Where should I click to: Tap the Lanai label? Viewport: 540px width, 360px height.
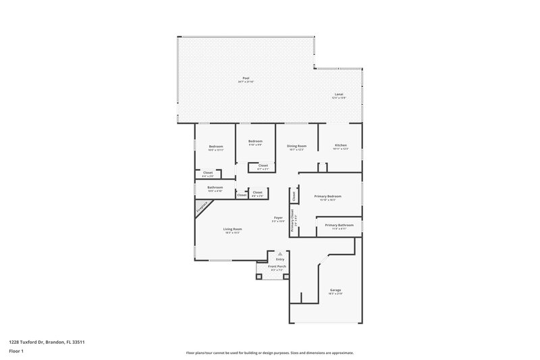point(339,95)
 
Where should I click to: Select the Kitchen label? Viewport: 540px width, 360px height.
point(341,145)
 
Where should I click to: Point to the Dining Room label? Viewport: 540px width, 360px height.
point(296,145)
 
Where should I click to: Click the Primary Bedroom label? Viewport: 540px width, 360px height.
point(328,197)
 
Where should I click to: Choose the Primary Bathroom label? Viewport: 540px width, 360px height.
point(340,225)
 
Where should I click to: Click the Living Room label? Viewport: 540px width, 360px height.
point(233,229)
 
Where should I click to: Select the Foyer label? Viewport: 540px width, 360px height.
point(277,217)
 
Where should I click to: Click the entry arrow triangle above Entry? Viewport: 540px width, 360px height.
point(280,254)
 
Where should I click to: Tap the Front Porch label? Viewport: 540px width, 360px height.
point(277,266)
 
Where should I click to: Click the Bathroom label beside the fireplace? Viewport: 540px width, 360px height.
point(215,187)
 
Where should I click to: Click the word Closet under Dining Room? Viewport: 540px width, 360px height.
point(263,165)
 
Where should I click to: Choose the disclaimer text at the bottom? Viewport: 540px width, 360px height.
point(270,353)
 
